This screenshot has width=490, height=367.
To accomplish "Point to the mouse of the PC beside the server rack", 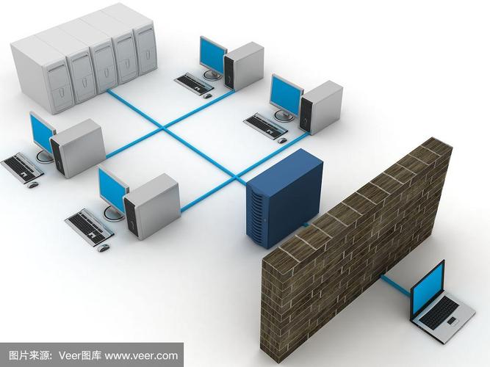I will tap(209, 95).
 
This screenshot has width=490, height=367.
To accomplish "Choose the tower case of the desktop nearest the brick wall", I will tap(323, 106).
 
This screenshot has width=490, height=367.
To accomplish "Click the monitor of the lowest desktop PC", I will tap(112, 187).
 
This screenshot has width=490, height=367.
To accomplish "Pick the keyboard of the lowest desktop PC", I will tap(90, 223).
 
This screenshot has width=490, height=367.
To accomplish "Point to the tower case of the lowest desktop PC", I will tap(151, 206).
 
